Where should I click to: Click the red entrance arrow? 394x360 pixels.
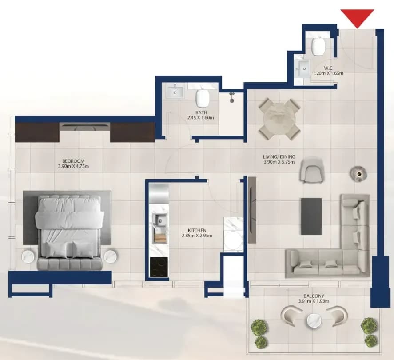coord(357,18)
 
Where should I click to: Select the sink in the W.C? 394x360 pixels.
coord(303,69)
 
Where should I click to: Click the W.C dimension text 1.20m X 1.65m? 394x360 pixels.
coord(328,73)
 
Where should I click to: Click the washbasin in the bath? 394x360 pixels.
coord(175,92)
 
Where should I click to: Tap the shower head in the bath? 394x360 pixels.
coord(232,98)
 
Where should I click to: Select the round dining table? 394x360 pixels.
coord(279,119)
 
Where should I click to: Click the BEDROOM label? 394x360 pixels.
coord(73,161)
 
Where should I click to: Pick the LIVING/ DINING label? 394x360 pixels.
coord(279,157)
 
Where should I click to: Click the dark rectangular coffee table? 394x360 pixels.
coord(311,216)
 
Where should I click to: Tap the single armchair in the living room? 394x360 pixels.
coord(311,171)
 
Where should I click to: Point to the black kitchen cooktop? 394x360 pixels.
coord(159,267)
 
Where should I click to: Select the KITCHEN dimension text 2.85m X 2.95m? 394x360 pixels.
coord(197,236)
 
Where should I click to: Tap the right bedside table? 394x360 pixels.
coord(111,256)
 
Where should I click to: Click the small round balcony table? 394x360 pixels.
coord(314,320)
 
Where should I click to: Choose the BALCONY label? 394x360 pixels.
coord(314,296)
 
